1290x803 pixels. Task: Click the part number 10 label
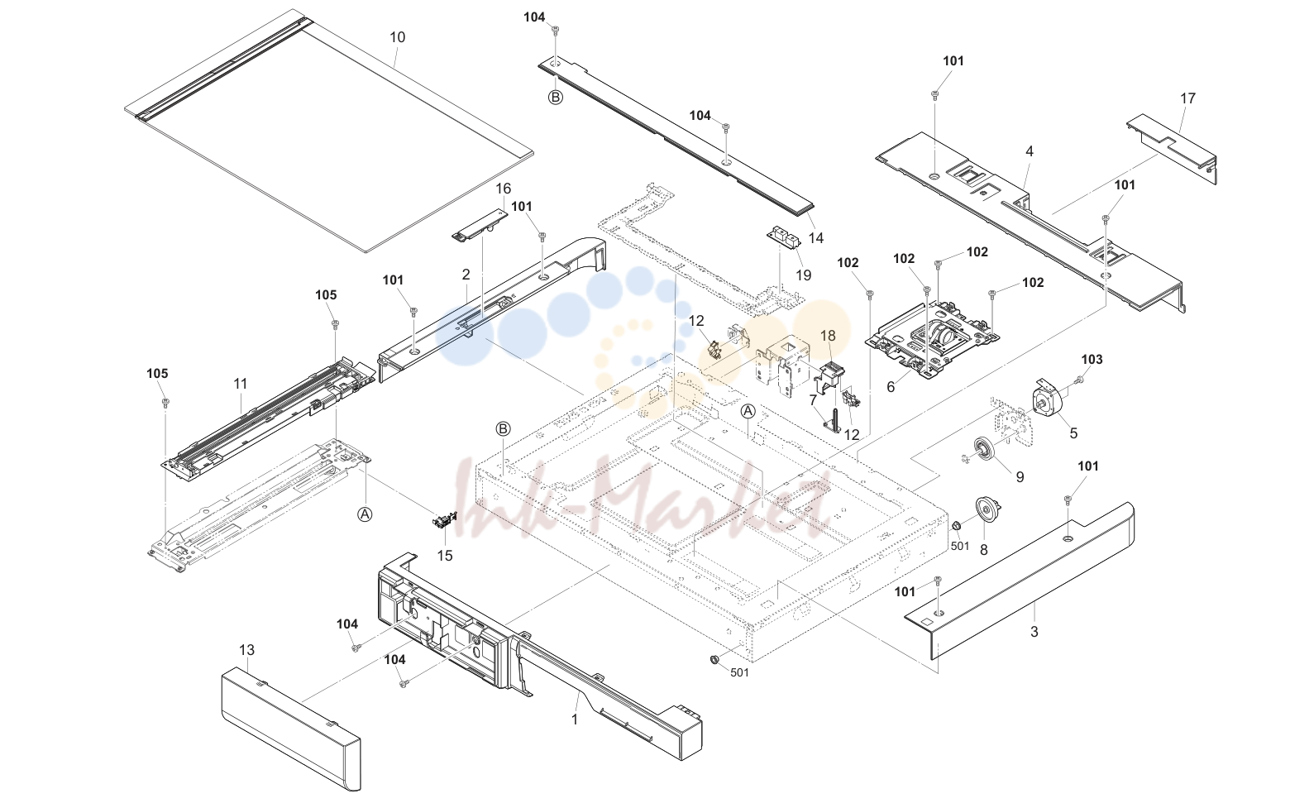click(398, 37)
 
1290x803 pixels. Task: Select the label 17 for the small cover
click(1188, 98)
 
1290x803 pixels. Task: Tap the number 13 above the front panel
click(246, 650)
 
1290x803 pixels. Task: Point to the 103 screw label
click(1092, 360)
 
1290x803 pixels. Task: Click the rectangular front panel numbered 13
click(291, 728)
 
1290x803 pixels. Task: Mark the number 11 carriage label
click(240, 384)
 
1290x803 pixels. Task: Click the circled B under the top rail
click(555, 98)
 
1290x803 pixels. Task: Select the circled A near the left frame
click(365, 514)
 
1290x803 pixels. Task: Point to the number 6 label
click(891, 387)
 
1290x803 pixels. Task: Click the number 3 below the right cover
click(1034, 632)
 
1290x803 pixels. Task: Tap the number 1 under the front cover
click(574, 719)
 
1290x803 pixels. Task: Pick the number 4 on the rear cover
click(1030, 151)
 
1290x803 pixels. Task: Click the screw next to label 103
click(1078, 379)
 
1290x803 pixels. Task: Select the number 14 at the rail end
click(816, 237)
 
